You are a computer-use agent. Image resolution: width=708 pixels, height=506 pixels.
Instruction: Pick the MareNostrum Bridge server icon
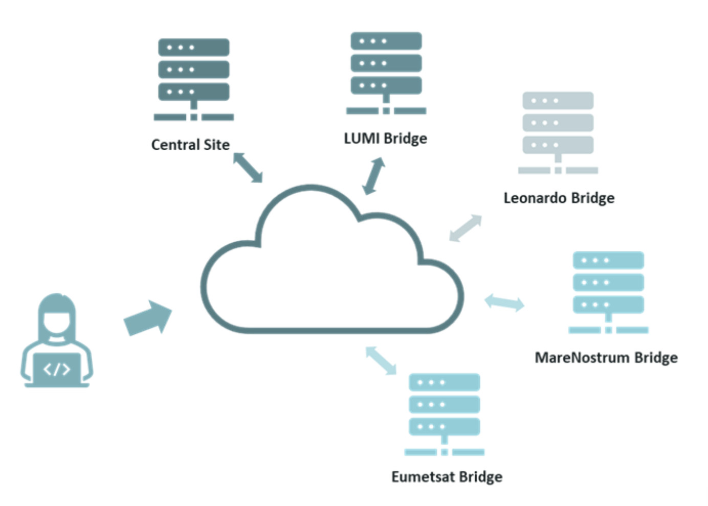[608, 292]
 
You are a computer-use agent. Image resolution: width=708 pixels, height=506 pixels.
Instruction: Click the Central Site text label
[190, 145]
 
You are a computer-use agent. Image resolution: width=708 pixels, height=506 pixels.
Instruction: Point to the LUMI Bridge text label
[385, 139]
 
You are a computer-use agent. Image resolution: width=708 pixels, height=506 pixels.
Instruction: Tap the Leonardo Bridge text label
[559, 198]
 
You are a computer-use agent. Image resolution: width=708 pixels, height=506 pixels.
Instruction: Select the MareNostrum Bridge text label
[606, 357]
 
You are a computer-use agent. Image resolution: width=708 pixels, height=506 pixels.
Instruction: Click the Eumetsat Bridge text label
[447, 477]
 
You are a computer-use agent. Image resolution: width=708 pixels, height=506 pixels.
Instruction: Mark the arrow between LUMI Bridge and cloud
[373, 176]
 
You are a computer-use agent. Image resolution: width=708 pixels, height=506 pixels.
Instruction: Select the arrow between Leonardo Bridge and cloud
[465, 228]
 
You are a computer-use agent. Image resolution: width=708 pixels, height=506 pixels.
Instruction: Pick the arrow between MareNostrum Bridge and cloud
[504, 303]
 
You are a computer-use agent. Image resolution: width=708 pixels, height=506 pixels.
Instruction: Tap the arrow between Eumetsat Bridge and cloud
[381, 360]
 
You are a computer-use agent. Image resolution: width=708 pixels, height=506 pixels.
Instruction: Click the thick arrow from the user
[148, 318]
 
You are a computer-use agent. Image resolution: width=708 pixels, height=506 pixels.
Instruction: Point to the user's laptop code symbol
[57, 369]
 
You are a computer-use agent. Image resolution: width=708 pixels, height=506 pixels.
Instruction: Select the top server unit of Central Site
[193, 48]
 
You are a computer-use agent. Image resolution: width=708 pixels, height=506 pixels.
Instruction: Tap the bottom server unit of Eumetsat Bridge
[444, 426]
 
